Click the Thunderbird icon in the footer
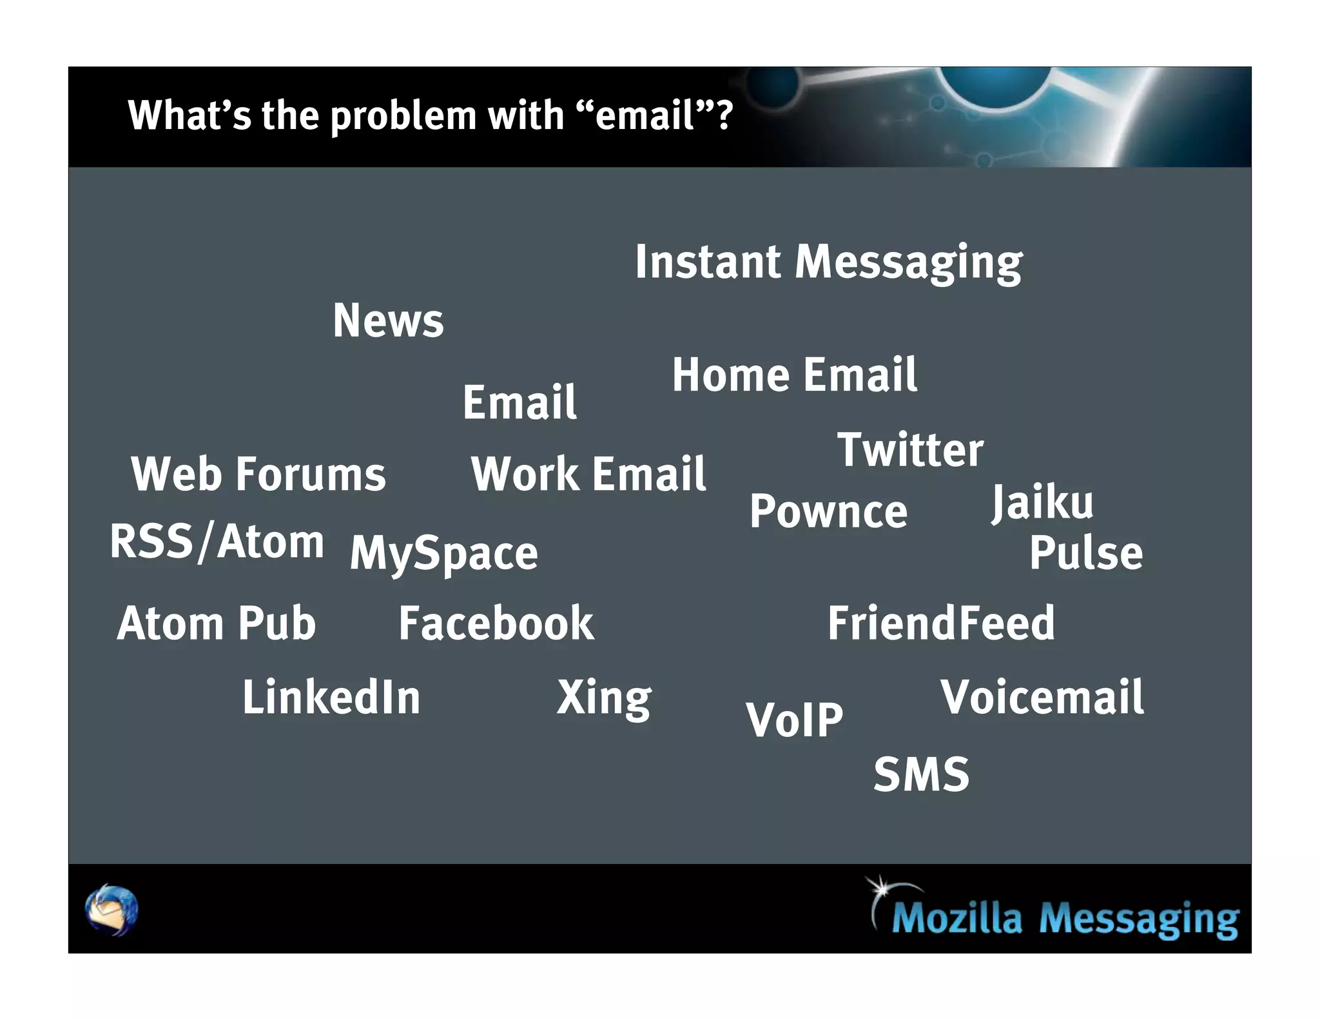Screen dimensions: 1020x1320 click(112, 909)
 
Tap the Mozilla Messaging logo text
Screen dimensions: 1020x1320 click(1065, 918)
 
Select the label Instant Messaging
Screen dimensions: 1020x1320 click(828, 262)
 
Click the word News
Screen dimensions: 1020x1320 click(388, 320)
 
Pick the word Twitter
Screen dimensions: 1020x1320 click(910, 449)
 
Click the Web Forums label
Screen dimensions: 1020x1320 click(258, 474)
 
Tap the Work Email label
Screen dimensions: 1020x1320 click(588, 474)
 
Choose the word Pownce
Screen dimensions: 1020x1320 click(828, 512)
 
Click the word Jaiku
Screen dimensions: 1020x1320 click(1042, 502)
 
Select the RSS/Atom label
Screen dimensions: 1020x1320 click(217, 542)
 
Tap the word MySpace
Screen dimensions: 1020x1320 click(443, 553)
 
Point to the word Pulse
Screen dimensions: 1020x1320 click(1086, 553)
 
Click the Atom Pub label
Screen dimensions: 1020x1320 click(217, 623)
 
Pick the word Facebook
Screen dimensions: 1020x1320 click(496, 623)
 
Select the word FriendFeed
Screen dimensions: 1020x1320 click(941, 623)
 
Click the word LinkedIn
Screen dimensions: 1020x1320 click(331, 698)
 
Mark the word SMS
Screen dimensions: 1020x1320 click(921, 774)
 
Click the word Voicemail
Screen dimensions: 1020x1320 click(1042, 698)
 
